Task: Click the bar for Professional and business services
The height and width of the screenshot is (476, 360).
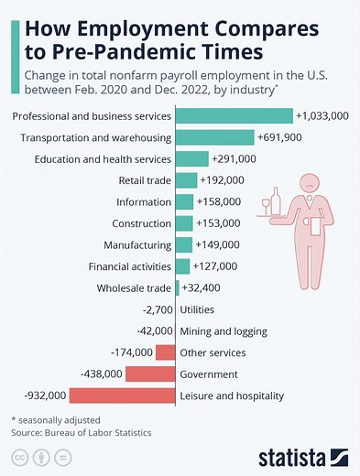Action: click(x=234, y=116)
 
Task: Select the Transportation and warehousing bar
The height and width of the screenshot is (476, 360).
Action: click(x=214, y=137)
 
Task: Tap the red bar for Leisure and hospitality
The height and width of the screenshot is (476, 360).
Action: click(x=121, y=395)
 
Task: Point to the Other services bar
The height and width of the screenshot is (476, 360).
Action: click(x=165, y=352)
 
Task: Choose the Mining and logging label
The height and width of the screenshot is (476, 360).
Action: click(x=224, y=331)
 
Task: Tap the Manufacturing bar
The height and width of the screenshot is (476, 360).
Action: click(x=183, y=244)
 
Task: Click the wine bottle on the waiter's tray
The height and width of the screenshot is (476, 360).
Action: click(x=276, y=199)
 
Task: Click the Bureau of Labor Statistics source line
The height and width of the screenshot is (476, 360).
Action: click(x=80, y=431)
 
